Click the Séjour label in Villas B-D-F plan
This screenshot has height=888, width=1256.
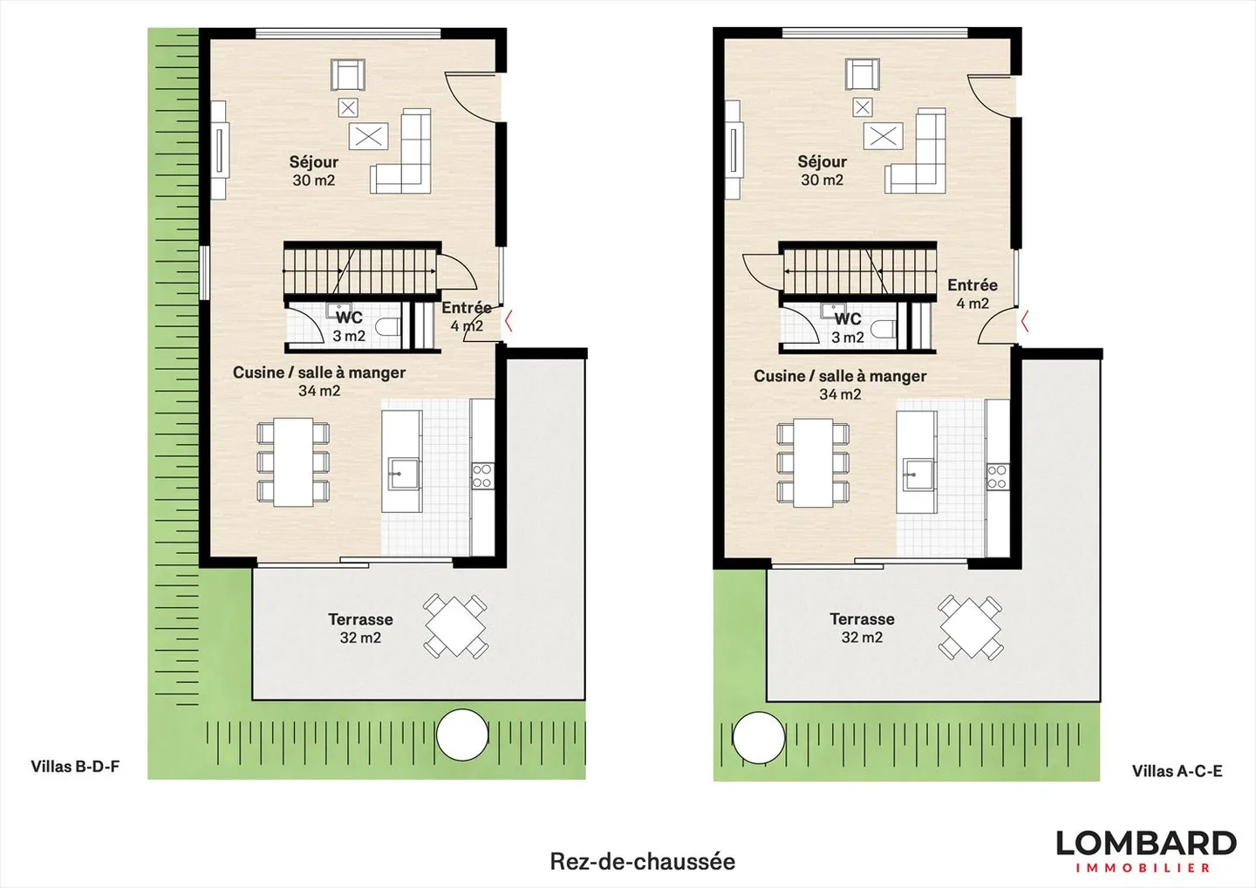313,170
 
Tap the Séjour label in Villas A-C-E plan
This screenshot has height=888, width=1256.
822,170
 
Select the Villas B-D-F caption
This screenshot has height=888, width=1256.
75,767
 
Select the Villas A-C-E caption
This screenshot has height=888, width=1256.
1177,771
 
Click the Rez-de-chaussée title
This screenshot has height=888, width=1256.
642,861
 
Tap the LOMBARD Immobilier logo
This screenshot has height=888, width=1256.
1145,850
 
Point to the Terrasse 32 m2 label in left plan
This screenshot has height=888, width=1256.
360,628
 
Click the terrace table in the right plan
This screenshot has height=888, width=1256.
970,626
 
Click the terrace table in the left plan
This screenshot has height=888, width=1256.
454,626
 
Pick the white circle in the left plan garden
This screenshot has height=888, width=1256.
461,735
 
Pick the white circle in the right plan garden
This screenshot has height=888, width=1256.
758,738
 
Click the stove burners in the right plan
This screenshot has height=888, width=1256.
997,476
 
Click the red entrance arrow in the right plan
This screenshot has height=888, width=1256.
1026,321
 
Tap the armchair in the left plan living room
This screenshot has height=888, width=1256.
347,74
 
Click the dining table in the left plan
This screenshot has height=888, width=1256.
293,462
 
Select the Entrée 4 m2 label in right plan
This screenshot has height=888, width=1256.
972,294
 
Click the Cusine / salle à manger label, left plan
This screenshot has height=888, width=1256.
319,381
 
